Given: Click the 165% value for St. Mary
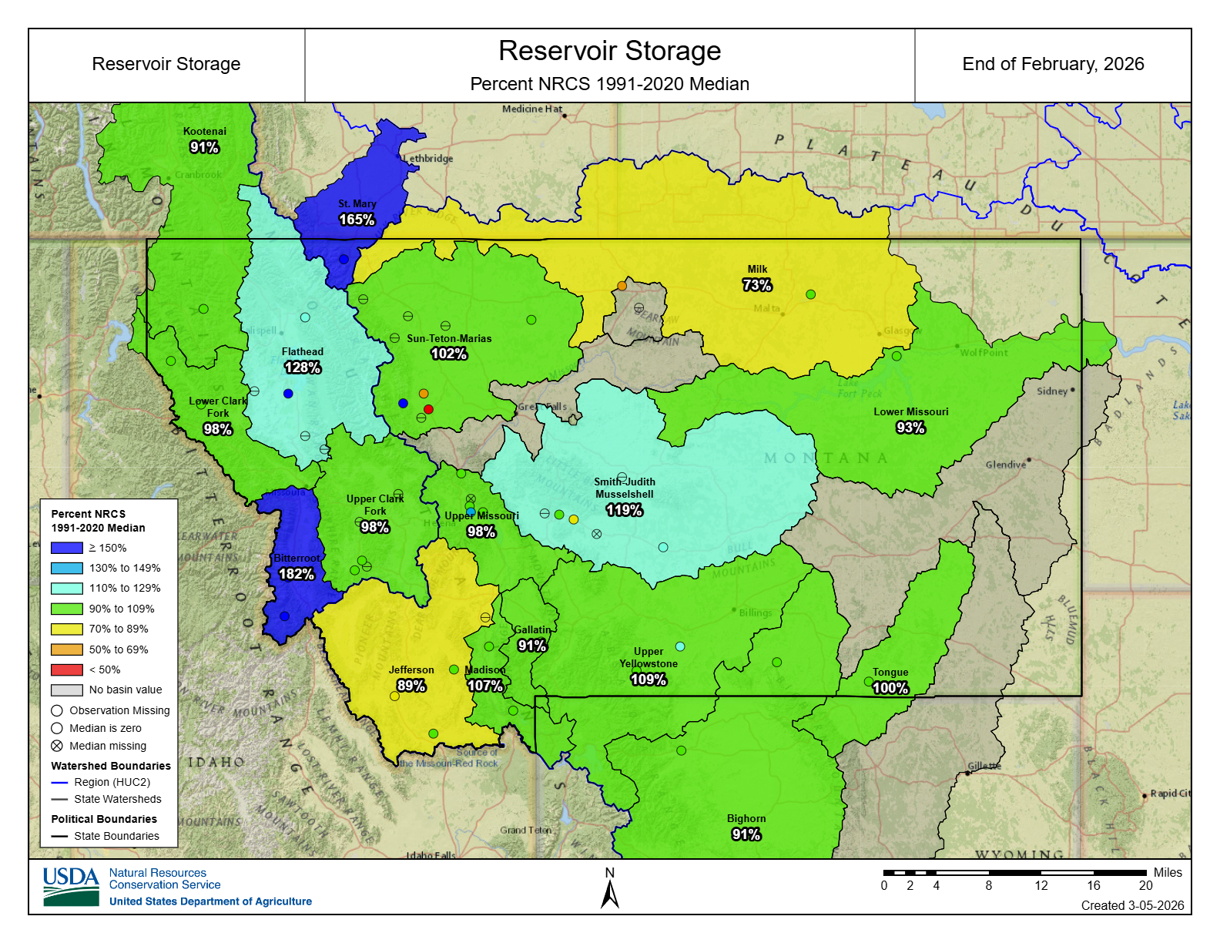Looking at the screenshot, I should pyautogui.click(x=357, y=220).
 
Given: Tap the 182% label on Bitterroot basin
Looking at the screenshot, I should pyautogui.click(x=296, y=574).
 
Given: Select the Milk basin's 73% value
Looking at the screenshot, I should pyautogui.click(x=756, y=285).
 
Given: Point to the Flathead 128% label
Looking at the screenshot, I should pyautogui.click(x=302, y=367).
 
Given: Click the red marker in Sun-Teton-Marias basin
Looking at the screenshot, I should pyautogui.click(x=429, y=409).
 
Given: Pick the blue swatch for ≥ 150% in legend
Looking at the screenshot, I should pyautogui.click(x=67, y=548).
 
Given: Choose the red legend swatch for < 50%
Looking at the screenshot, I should pyautogui.click(x=67, y=669).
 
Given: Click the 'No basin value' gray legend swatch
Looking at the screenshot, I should pyautogui.click(x=67, y=690).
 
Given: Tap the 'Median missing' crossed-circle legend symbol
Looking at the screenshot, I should pyautogui.click(x=57, y=746).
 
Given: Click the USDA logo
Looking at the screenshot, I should pyautogui.click(x=71, y=887).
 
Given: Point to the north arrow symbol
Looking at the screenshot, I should pyautogui.click(x=610, y=894).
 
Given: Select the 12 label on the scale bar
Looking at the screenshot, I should pyautogui.click(x=1041, y=886).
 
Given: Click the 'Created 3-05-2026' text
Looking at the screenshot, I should pyautogui.click(x=1132, y=905).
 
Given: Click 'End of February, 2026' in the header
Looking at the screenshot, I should pyautogui.click(x=1053, y=64).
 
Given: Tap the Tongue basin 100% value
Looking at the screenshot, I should pyautogui.click(x=890, y=688).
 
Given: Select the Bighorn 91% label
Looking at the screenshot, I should pyautogui.click(x=746, y=834).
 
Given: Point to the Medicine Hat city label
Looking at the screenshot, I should pyautogui.click(x=532, y=109).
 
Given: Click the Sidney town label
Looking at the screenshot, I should pyautogui.click(x=1052, y=391).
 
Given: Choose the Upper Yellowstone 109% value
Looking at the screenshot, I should pyautogui.click(x=648, y=680).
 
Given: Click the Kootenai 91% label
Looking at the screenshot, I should pyautogui.click(x=204, y=147).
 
